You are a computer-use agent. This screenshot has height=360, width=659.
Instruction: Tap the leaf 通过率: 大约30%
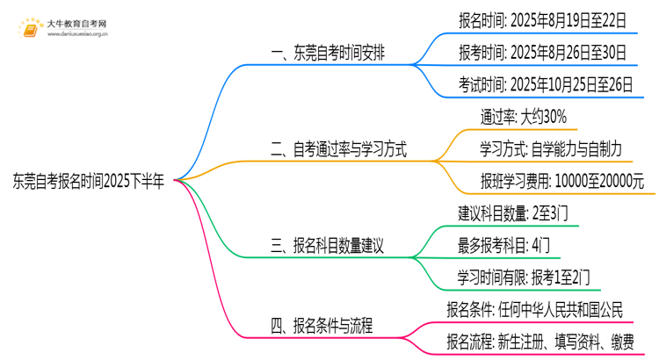click(523, 117)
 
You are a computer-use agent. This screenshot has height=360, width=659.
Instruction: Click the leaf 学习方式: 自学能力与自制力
click(551, 149)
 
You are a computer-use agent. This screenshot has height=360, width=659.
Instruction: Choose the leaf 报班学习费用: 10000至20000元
click(562, 182)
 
